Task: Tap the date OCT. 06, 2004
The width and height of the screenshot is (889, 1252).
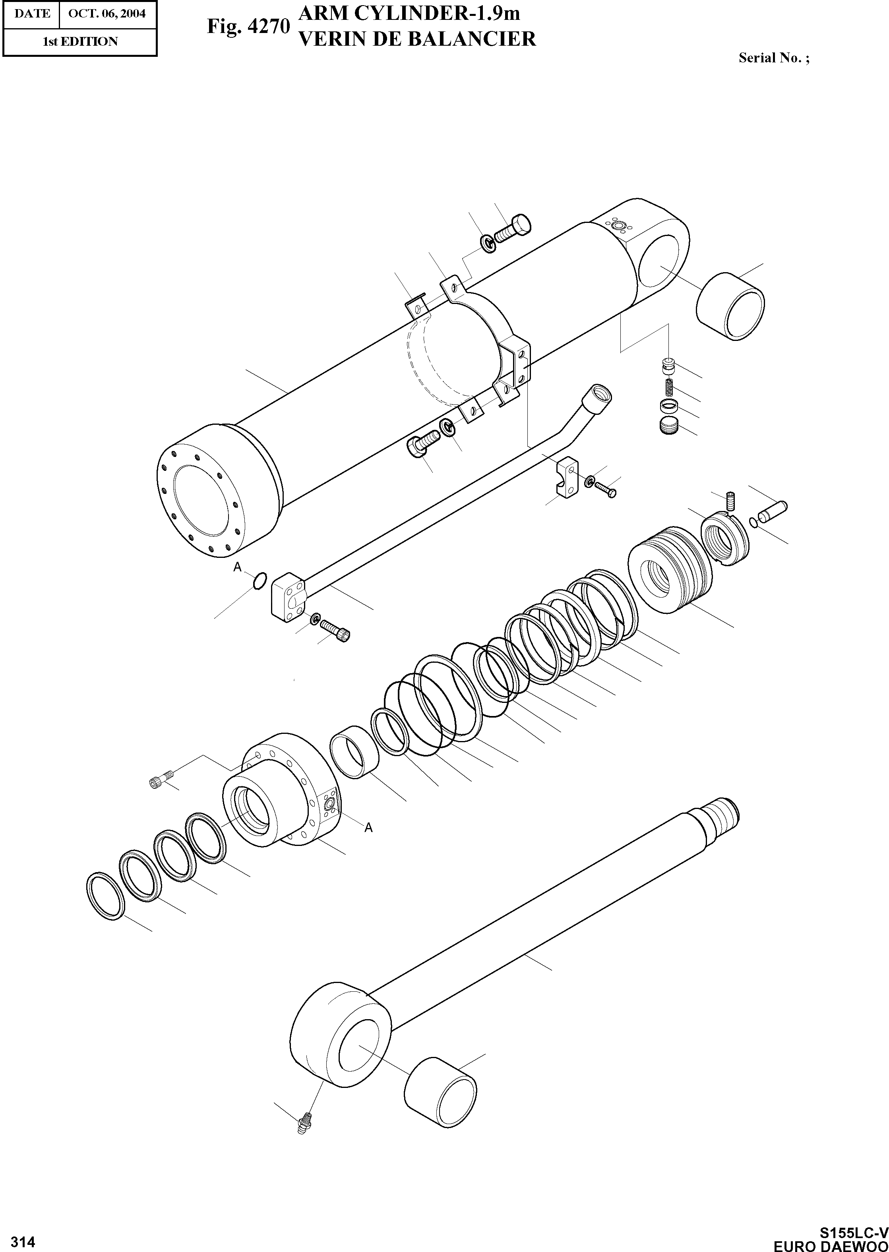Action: point(107,14)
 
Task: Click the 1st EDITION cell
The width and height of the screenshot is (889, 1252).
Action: point(80,42)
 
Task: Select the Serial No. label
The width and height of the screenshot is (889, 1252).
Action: point(773,58)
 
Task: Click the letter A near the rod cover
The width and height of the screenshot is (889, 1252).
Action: point(368,828)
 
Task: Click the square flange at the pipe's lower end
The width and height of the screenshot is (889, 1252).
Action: point(291,598)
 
